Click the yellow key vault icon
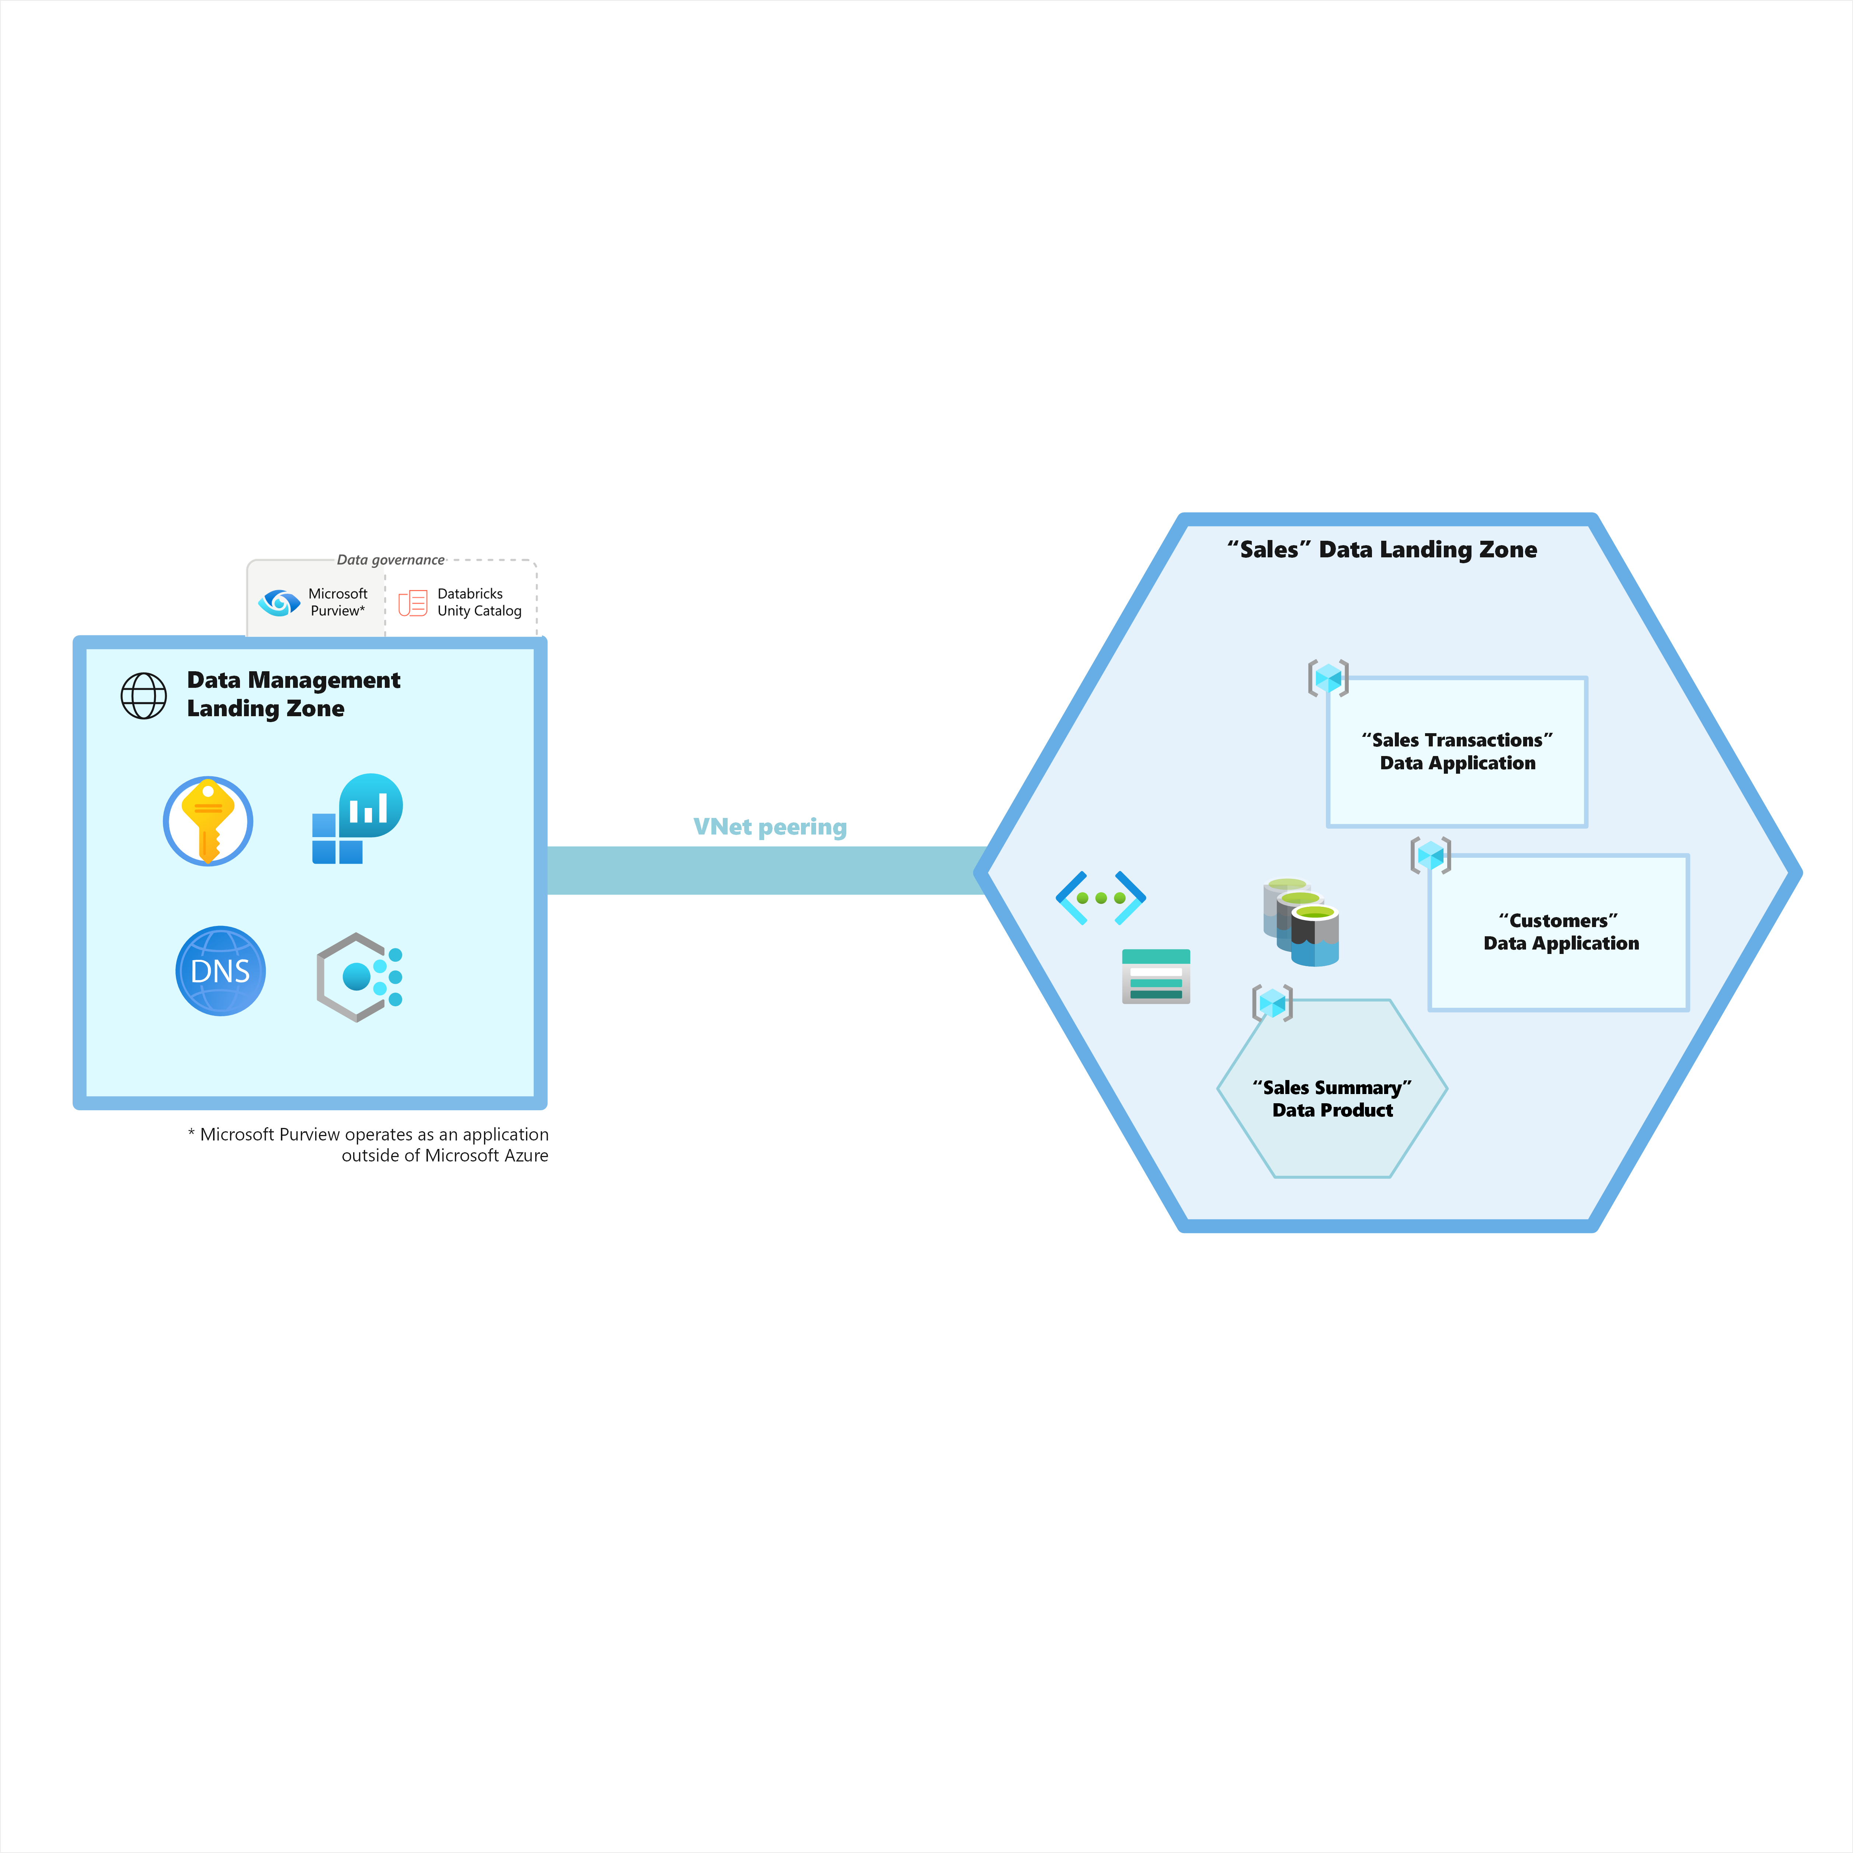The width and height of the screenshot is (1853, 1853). click(208, 821)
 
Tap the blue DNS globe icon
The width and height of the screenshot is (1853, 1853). click(220, 971)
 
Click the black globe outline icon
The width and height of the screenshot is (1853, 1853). click(144, 695)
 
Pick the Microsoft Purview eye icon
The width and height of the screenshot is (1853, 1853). click(279, 602)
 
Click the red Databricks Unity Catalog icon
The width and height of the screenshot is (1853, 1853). click(412, 602)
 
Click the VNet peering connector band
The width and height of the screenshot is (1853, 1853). click(767, 870)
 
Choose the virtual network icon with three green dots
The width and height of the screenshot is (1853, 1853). click(1100, 898)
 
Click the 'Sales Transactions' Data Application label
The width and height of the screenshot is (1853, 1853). click(1457, 751)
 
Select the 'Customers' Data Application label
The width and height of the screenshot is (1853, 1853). click(1560, 931)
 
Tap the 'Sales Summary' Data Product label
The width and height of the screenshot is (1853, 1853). click(1332, 1098)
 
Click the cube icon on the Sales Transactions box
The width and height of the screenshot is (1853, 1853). click(1328, 678)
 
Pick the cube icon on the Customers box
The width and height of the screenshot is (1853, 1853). click(1430, 854)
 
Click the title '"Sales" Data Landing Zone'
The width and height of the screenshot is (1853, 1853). click(1382, 550)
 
